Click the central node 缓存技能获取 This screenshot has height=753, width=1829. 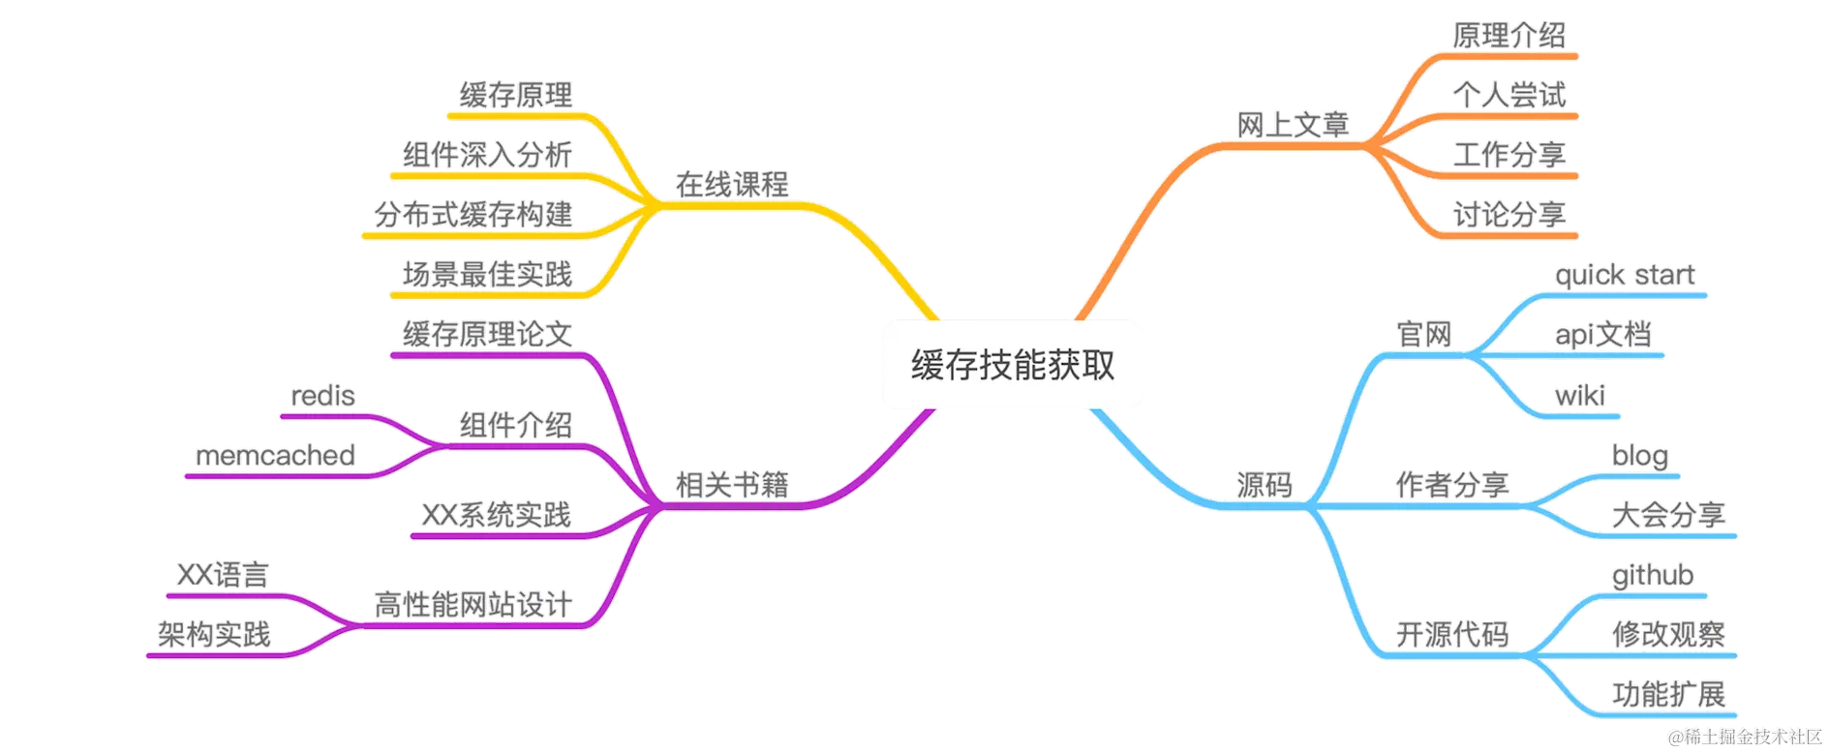tap(1012, 364)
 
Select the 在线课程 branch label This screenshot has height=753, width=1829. tap(732, 184)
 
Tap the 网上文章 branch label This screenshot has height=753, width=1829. tap(1293, 125)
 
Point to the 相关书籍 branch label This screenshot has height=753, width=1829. tap(732, 484)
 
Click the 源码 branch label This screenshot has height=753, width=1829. tap(1264, 484)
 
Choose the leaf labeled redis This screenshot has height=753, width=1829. tap(322, 395)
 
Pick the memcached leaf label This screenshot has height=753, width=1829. tap(275, 455)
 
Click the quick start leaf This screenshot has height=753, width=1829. tap(1625, 275)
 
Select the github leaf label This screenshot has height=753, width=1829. tap(1652, 575)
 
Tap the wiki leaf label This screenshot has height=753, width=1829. tap(1579, 395)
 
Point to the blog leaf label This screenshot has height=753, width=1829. tap(1640, 455)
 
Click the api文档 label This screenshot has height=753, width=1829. tap(1603, 335)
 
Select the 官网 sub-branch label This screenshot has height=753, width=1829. tap(1424, 335)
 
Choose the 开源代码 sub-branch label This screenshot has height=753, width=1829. tap(1451, 635)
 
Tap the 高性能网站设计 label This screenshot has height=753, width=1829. tap(472, 605)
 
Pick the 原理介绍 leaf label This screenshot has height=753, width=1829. tap(1509, 36)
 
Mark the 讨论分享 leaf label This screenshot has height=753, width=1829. tap(1509, 215)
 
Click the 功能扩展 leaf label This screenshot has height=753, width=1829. tap(1668, 694)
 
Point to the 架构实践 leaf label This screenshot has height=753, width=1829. tap(214, 635)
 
